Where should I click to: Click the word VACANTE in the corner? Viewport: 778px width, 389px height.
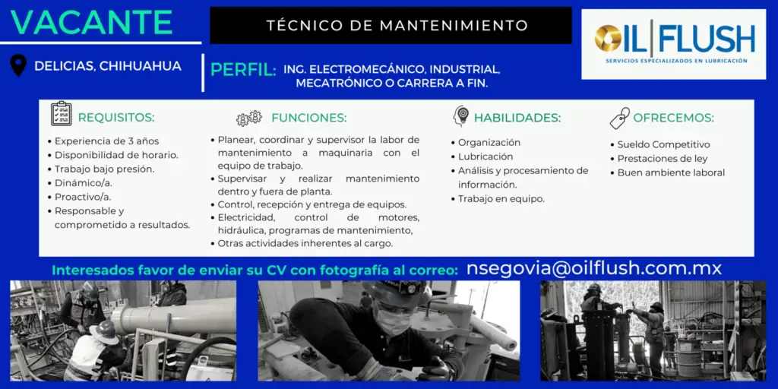(x=91, y=22)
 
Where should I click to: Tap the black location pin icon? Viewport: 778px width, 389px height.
(x=18, y=65)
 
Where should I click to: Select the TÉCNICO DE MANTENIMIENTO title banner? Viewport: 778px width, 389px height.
(x=391, y=25)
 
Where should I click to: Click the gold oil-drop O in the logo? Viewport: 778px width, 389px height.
(x=607, y=39)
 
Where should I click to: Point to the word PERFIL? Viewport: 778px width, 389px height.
(x=243, y=70)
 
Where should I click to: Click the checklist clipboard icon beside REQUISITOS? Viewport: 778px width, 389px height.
(x=62, y=114)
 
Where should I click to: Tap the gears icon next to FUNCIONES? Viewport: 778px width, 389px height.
(x=248, y=118)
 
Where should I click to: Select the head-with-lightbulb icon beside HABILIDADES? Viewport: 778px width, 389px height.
(x=461, y=115)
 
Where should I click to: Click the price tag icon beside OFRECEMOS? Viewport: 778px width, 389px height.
(x=620, y=118)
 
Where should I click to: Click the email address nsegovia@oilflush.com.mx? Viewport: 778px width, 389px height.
(x=594, y=268)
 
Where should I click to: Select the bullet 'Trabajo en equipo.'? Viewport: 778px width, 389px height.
(x=498, y=199)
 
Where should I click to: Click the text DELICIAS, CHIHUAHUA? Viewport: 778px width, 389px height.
(x=108, y=66)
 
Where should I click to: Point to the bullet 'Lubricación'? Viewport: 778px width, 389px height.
(x=482, y=157)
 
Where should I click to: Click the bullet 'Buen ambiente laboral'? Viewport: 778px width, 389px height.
(x=667, y=172)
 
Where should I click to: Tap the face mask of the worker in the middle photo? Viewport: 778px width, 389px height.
(x=394, y=321)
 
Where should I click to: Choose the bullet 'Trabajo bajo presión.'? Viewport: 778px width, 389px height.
(x=101, y=169)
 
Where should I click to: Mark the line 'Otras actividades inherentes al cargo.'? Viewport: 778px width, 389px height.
(x=302, y=244)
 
